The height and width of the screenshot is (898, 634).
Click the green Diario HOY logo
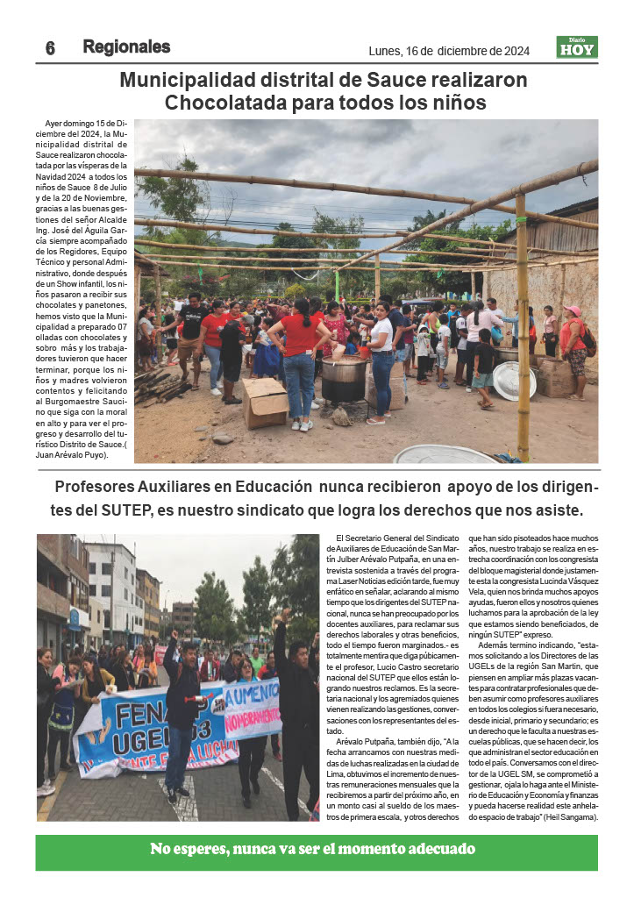click(577, 47)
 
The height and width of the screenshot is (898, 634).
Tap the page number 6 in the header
click(50, 49)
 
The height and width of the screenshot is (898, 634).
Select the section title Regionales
click(126, 47)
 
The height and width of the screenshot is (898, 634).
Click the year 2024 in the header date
click(511, 51)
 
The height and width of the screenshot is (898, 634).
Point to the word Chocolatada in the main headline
click(233, 103)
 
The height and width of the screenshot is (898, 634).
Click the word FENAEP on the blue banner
click(132, 707)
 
